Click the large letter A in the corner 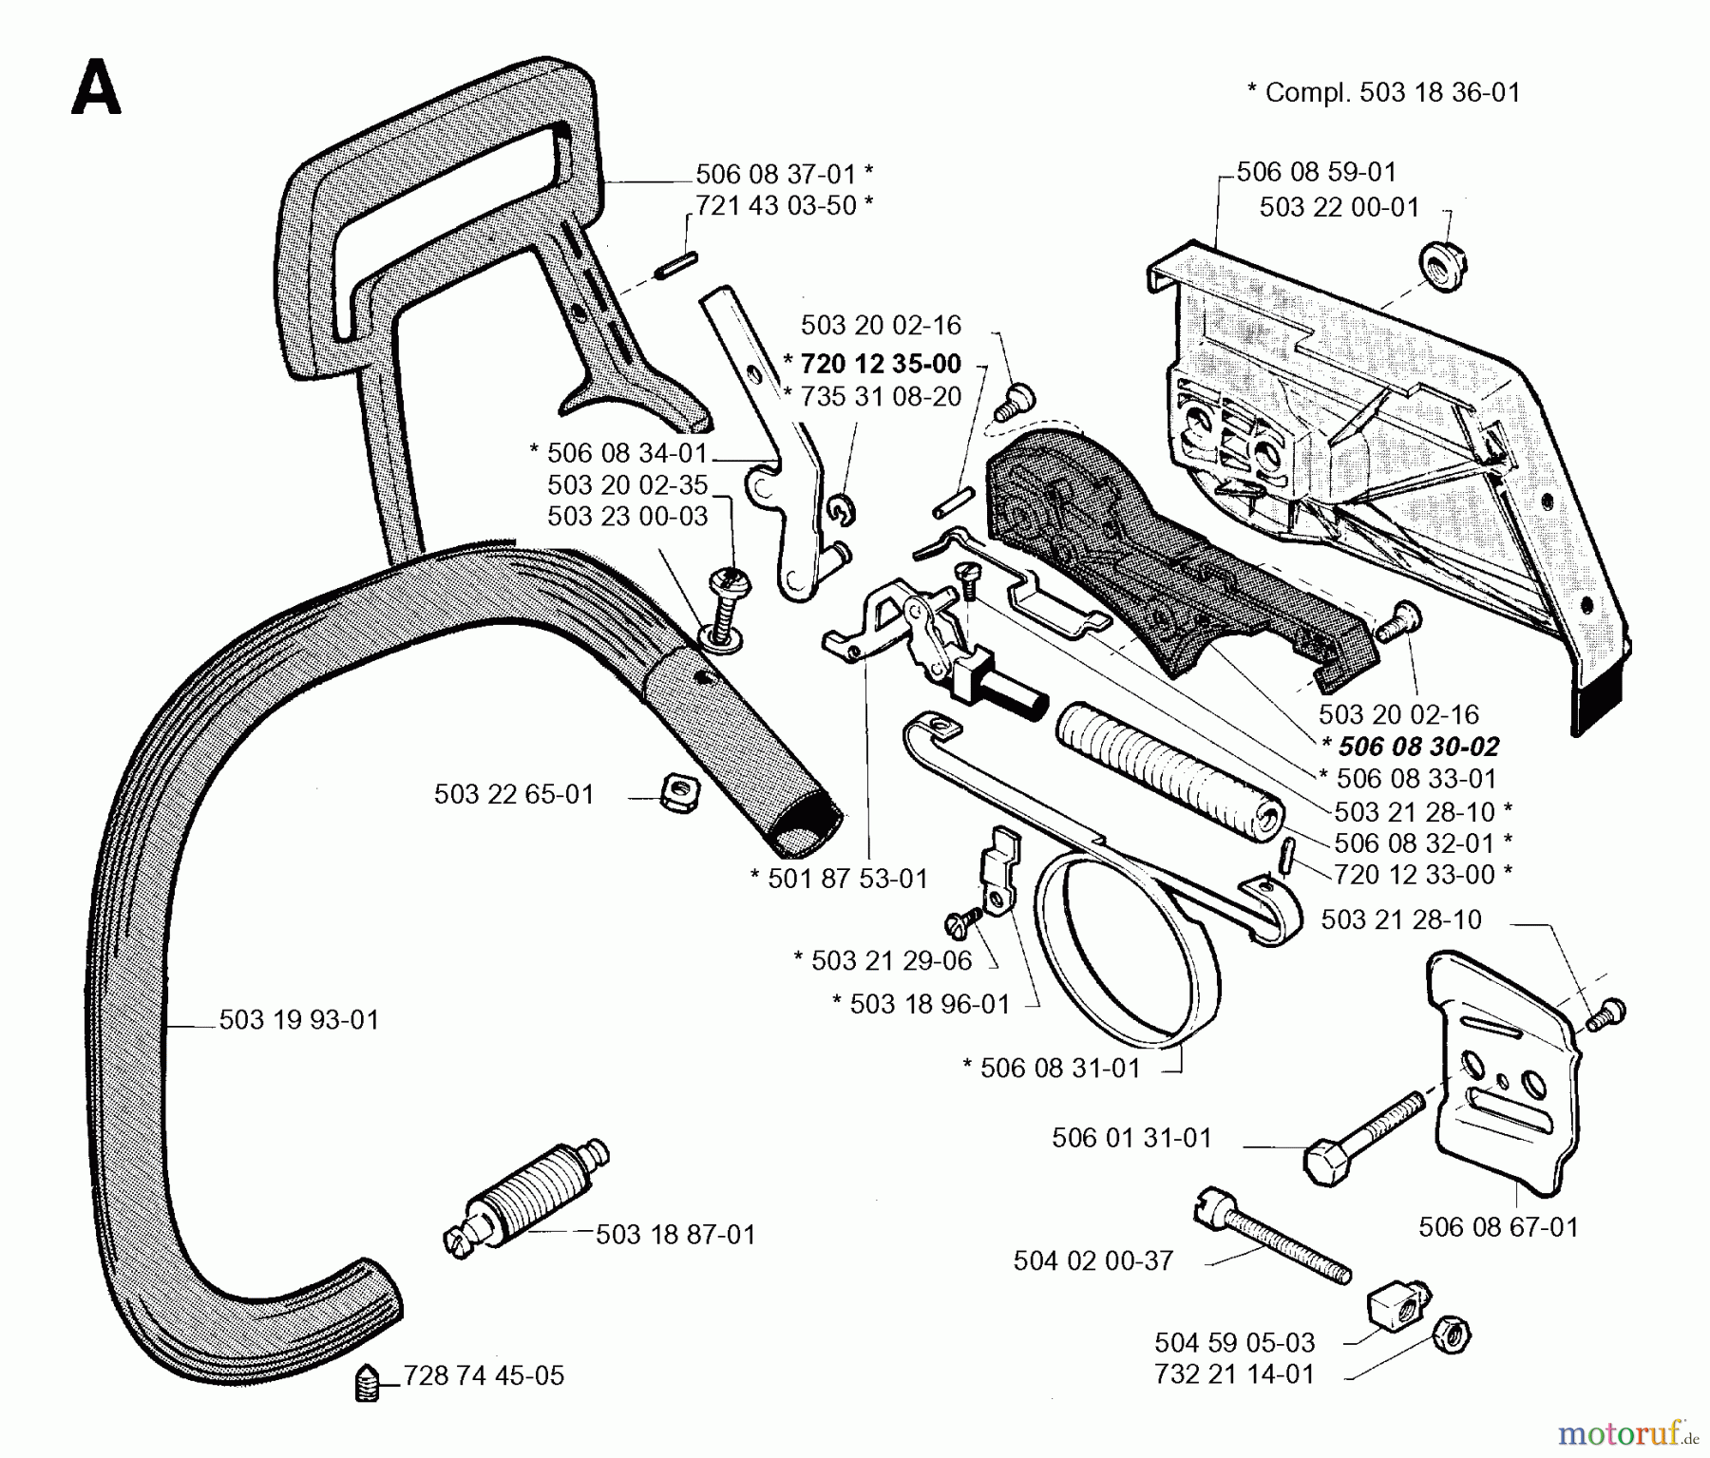(x=96, y=86)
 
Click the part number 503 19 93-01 (x=298, y=1020)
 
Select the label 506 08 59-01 (x=1316, y=172)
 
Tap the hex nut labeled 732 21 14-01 (x=1453, y=1338)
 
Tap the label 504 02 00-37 (x=1092, y=1261)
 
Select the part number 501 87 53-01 (x=846, y=879)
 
